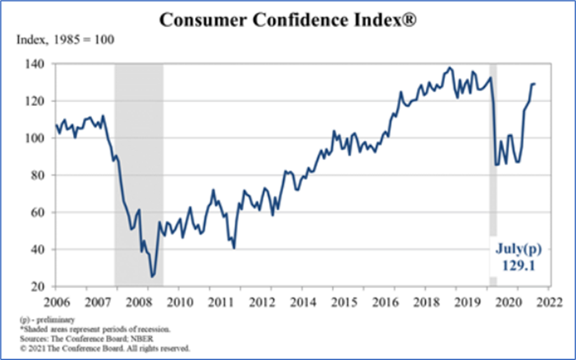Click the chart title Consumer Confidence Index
pos(287,19)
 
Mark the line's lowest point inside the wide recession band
pos(152,276)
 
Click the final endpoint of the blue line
pos(534,84)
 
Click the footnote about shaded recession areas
pos(88,329)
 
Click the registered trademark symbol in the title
pos(409,19)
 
